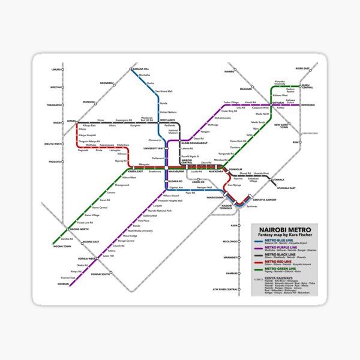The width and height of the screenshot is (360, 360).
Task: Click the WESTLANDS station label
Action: coord(167,120)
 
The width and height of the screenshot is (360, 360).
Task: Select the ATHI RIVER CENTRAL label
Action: coord(223,273)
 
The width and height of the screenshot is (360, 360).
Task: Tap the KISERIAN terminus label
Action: coord(62,284)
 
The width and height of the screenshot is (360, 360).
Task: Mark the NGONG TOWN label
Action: coord(62,247)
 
